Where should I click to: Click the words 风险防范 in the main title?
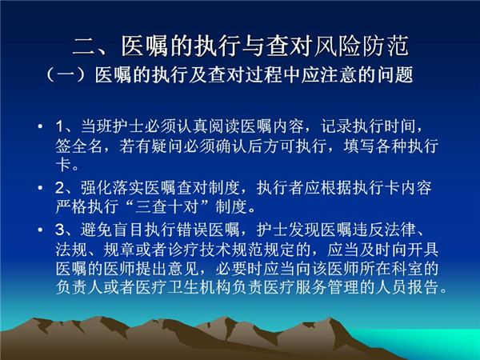[362, 46]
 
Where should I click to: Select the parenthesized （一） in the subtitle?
[69, 75]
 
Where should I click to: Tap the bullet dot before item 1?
[40, 126]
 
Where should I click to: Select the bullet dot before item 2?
[40, 187]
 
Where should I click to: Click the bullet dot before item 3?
[40, 230]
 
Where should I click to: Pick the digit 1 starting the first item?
[59, 126]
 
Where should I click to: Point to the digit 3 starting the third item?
[59, 230]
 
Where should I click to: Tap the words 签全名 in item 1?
[79, 146]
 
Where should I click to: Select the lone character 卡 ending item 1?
[64, 165]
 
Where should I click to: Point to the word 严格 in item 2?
[71, 207]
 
